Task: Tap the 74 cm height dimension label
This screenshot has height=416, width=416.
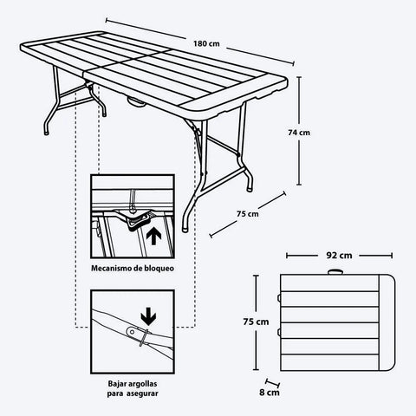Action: coord(299,132)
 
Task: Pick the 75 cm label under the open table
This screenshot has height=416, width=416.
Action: coord(247,213)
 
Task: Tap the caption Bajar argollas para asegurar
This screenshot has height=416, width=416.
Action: coord(133,387)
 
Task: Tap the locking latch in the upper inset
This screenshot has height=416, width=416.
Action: coord(134,224)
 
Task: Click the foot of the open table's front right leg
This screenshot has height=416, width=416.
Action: coord(186,227)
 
